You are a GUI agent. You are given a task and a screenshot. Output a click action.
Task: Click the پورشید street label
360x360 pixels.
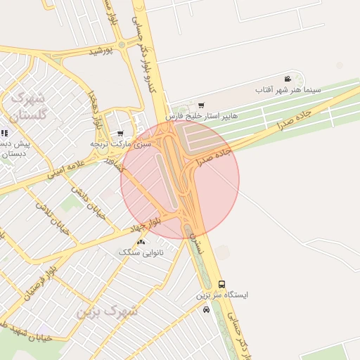pos(101,51)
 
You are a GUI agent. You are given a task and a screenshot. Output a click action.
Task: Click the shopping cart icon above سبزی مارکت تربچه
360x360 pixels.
pos(120,134)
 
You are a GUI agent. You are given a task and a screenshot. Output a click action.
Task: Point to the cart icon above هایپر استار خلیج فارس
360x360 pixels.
pos(202,105)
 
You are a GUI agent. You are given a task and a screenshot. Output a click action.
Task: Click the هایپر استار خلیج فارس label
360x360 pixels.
pos(202,115)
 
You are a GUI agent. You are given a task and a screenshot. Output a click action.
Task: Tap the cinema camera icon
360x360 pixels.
pos(288,79)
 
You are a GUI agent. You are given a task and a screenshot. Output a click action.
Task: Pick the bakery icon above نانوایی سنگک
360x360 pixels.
pos(142,242)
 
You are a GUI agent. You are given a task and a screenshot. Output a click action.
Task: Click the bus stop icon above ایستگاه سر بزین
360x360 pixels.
pos(222,285)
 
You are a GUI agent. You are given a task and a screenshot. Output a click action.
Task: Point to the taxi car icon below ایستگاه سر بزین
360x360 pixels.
pos(206,309)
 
